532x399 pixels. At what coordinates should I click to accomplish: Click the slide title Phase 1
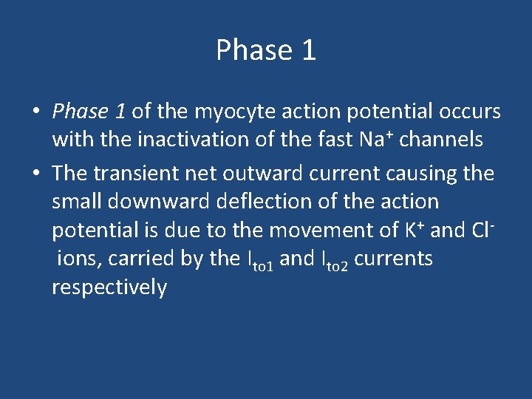point(266,50)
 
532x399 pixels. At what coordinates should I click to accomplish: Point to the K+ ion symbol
point(412,229)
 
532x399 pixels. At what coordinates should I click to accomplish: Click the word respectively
point(109,287)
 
